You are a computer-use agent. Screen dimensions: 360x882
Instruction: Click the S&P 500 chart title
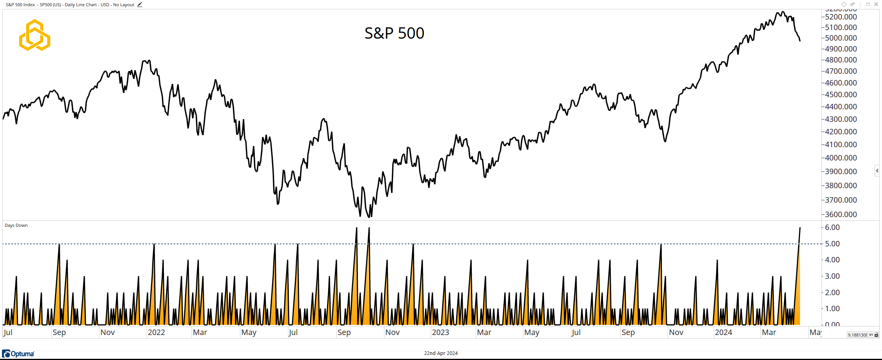394,33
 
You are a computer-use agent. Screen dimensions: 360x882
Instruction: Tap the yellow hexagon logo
35,35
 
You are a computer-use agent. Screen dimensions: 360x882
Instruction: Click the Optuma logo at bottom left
18,354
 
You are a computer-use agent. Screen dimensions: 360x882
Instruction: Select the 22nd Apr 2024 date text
441,353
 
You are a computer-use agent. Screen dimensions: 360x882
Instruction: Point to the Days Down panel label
16,225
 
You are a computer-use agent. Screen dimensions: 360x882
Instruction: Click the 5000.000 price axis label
841,38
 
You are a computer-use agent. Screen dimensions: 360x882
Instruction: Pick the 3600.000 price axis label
841,214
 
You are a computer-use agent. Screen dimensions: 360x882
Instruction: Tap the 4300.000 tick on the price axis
841,119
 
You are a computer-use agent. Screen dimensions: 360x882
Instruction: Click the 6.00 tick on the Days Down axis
832,227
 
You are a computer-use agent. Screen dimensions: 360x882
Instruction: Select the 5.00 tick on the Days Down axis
832,244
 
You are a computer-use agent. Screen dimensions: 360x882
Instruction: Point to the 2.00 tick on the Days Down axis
832,292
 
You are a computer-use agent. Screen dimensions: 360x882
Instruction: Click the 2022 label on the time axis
156,332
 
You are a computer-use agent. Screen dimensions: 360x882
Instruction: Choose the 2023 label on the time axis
440,332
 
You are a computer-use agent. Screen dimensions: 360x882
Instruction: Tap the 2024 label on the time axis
723,332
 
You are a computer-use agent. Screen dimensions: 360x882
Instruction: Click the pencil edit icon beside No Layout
140,5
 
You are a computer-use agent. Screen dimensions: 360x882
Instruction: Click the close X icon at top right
876,4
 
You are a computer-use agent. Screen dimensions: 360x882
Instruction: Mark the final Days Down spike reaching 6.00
800,228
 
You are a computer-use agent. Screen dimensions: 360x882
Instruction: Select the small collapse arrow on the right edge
877,171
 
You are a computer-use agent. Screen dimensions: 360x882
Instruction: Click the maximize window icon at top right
868,4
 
